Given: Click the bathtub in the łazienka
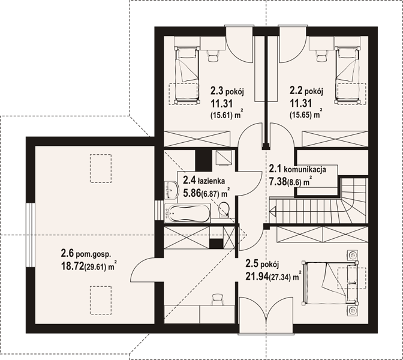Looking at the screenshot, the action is pos(187,213).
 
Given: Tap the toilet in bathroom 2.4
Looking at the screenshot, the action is pos(224,209).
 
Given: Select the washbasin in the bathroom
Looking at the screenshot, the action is pos(172,190).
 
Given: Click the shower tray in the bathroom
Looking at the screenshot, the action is pos(223,158).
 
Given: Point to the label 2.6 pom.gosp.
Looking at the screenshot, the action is pos(86,254).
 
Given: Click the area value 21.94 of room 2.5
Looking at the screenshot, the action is pos(257,277).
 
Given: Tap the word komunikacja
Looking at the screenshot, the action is pos(305,169).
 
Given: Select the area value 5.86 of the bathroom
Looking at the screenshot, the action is pos(191,193).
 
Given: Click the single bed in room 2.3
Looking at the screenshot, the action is pos(187,76).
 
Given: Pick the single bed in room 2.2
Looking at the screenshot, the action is pos(347,76).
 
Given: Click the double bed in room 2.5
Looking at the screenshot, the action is pos(330,283).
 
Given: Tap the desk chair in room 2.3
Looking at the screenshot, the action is pos(213,55).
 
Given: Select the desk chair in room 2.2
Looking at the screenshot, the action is pos(321,55).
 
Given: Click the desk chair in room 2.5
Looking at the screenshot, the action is pos(218,299).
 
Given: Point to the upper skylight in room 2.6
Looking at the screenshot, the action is pos(101,169).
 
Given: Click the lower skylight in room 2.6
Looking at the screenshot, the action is pos(101,301).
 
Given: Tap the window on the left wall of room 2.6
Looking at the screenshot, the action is pos(31,235).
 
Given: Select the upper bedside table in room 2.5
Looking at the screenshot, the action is pos(353,255).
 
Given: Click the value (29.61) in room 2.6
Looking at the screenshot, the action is pos(95,268).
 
